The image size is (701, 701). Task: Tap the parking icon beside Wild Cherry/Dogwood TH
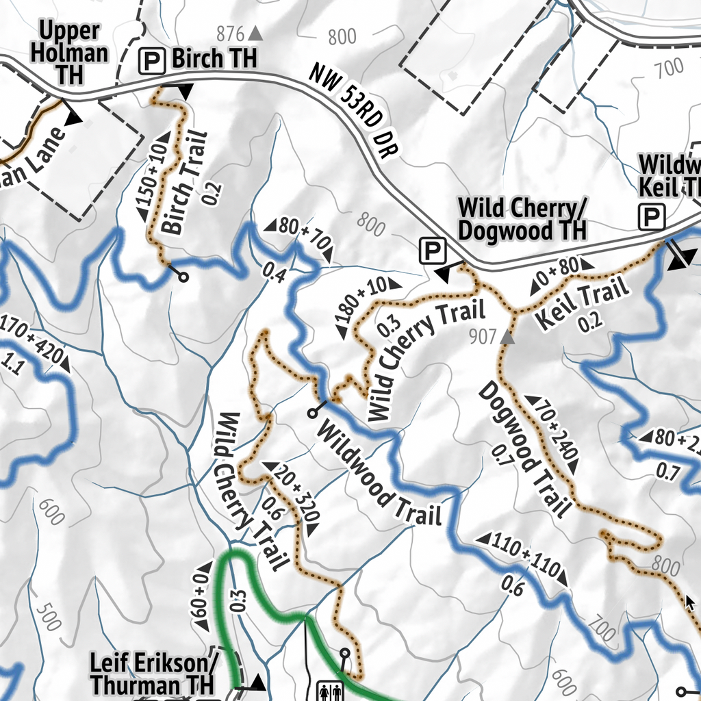432,251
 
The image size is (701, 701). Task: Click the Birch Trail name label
173,183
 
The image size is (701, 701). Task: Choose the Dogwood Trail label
524,449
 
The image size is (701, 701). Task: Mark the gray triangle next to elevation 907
507,337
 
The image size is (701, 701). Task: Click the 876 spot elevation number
230,34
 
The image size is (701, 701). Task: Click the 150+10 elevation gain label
152,181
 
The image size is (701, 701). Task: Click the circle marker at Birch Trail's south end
183,277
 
